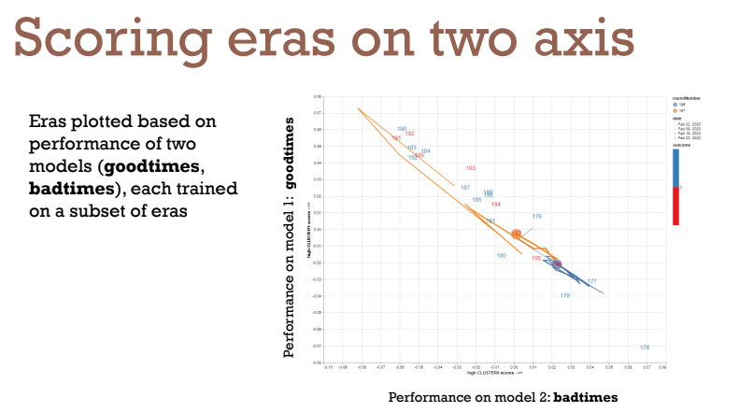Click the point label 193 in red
click(x=471, y=168)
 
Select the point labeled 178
click(x=645, y=348)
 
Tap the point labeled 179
click(x=565, y=295)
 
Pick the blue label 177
click(x=591, y=281)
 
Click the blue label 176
click(x=536, y=217)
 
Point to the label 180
click(x=501, y=255)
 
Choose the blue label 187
click(x=465, y=188)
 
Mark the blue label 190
click(x=402, y=129)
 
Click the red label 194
click(x=496, y=204)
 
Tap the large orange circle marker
click(x=516, y=234)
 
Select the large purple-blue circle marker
click(x=557, y=264)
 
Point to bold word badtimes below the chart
click(x=585, y=397)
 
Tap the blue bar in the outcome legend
click(x=675, y=167)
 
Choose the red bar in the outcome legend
click(x=675, y=206)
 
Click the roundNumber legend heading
click(x=686, y=98)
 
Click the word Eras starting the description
click(x=48, y=122)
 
